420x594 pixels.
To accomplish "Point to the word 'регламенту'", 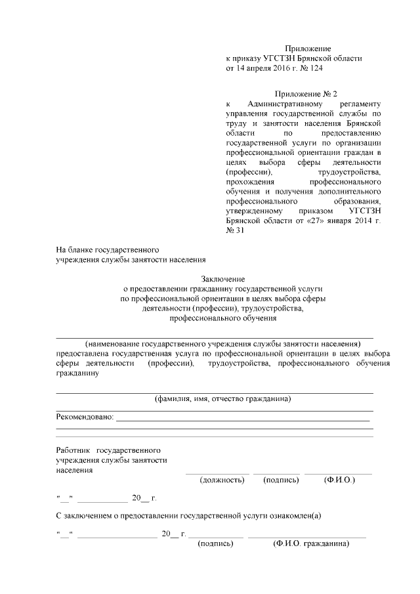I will coord(360,104).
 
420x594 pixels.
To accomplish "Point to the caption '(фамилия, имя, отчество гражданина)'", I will coord(222,398).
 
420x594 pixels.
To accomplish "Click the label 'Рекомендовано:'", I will coord(85,417).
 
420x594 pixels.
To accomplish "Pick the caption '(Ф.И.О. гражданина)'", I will coord(311,544).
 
